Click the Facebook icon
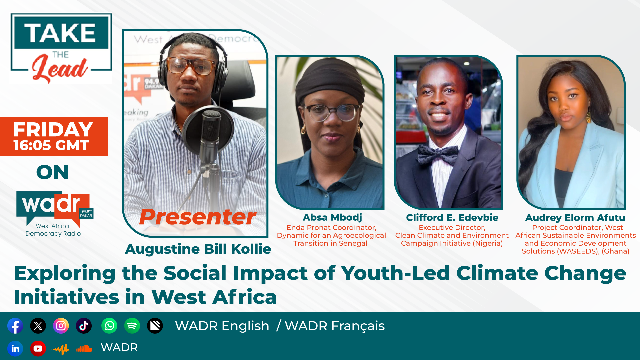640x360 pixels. point(15,326)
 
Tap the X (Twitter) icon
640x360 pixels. point(38,326)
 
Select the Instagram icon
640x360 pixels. point(61,326)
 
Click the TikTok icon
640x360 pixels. point(84,326)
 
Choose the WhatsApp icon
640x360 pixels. point(109,326)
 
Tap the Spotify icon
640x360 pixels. point(132,326)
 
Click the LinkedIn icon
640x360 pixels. point(15,349)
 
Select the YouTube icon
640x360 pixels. point(38,349)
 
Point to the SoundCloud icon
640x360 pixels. point(84,349)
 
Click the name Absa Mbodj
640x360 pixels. point(332,218)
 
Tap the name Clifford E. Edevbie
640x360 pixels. point(452,218)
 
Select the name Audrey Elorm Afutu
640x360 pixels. point(575,218)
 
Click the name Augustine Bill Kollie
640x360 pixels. point(198,249)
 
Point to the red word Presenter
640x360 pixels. point(198,217)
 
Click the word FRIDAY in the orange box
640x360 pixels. point(53,129)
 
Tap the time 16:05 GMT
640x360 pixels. point(51,145)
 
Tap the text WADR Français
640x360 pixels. point(335,326)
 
